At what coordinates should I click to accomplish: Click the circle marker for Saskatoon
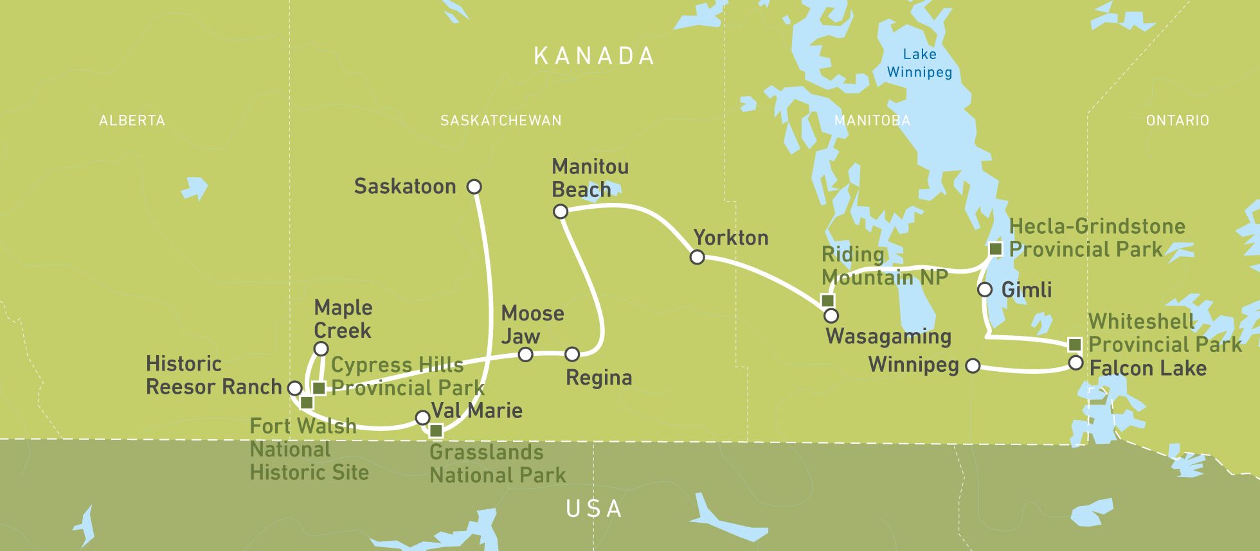(474, 187)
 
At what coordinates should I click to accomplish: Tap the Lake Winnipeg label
(919, 64)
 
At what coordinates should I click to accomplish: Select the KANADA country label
(594, 57)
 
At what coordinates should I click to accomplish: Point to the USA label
(594, 509)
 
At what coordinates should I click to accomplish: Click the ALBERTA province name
(132, 121)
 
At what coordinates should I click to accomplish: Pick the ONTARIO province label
(1177, 121)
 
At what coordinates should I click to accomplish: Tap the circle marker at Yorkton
(697, 258)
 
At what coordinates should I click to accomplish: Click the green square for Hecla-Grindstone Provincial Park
(995, 249)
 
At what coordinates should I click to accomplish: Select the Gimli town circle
(985, 290)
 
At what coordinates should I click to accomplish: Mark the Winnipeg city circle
(973, 366)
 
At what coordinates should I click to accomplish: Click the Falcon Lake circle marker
(1075, 363)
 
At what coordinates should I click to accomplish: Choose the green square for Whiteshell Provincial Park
(1074, 345)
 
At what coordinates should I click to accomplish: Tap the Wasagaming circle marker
(831, 315)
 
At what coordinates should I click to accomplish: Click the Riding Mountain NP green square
(828, 301)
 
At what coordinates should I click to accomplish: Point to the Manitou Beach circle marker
(561, 211)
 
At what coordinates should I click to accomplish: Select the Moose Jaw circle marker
(526, 354)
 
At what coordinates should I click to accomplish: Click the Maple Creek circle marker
(320, 349)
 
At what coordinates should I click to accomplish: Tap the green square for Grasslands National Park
(436, 430)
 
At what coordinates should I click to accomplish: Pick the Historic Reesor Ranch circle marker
(294, 388)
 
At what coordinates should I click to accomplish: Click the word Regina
(598, 378)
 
